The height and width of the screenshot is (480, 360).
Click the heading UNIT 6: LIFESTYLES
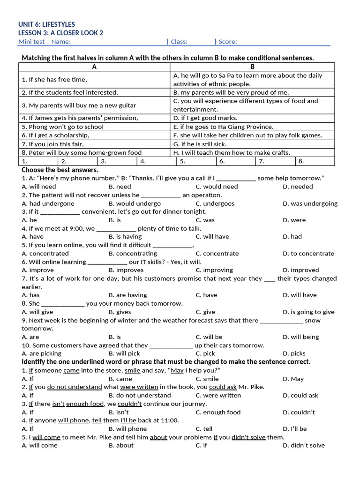[x=46, y=24]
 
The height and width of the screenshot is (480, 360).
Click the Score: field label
[x=227, y=42]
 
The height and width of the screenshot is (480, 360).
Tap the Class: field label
[x=179, y=42]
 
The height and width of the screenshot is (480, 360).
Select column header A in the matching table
[x=94, y=67]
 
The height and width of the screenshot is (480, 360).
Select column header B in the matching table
[x=252, y=67]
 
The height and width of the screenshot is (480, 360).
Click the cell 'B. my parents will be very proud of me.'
[x=231, y=92]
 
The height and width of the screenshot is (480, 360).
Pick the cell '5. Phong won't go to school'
[x=63, y=127]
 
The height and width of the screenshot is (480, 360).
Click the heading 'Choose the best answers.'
[x=60, y=170]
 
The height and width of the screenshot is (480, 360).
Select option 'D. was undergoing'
[x=310, y=203]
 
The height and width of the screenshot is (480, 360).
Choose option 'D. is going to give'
[x=308, y=312]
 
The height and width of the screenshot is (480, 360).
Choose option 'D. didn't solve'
[x=304, y=445]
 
